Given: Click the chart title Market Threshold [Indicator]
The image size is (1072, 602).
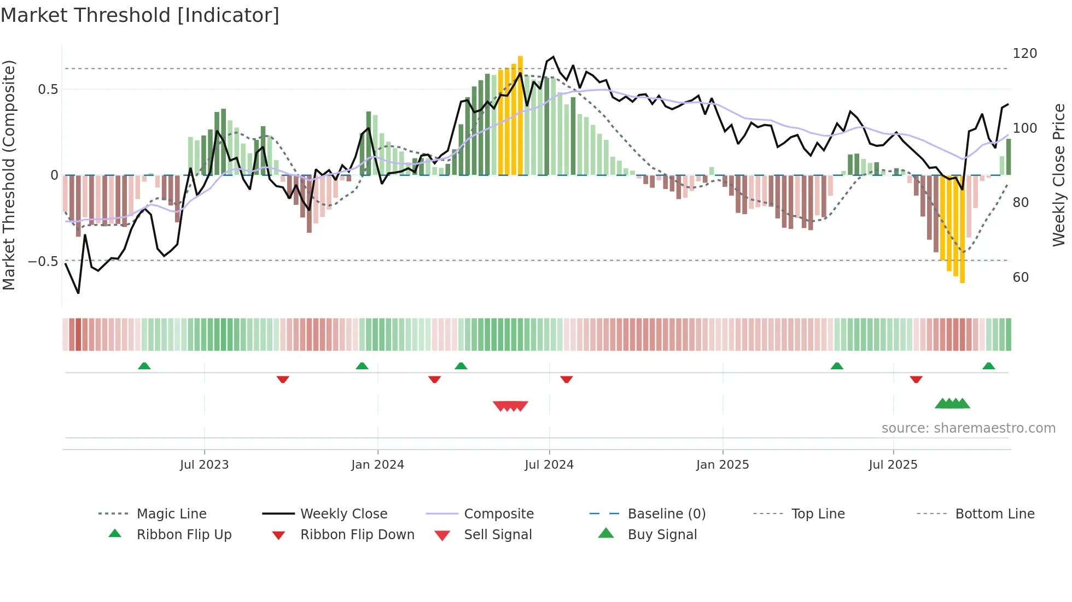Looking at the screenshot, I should [x=140, y=15].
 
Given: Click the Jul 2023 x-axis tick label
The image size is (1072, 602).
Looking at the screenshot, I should [x=204, y=465].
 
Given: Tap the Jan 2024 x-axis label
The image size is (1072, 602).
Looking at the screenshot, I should [x=377, y=465].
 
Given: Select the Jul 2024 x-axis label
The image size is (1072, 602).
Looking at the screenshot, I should [x=549, y=465].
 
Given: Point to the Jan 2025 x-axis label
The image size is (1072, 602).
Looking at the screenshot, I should [x=723, y=465].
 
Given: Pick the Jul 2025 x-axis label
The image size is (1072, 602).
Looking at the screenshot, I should [x=893, y=465].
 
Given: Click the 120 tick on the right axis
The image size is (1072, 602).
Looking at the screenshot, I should [x=1024, y=54].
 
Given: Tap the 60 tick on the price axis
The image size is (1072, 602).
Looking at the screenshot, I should [x=1021, y=278].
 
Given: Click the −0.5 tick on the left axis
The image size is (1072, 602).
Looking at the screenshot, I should [x=43, y=262].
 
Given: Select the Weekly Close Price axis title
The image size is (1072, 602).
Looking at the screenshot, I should [x=1059, y=175].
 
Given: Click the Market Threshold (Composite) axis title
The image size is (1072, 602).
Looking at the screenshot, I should [x=9, y=175].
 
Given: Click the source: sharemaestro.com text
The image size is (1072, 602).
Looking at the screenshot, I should [x=968, y=428].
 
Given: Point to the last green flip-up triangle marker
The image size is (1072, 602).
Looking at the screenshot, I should [x=988, y=366].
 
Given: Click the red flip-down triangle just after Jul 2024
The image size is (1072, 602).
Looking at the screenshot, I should [x=566, y=379].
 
